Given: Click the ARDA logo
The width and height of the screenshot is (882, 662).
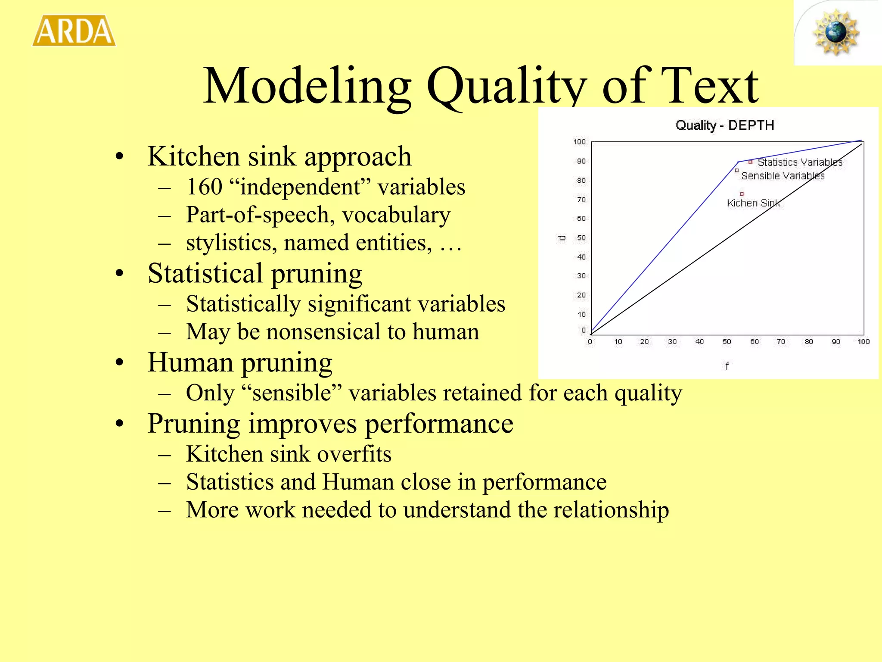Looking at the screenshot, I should point(74,31).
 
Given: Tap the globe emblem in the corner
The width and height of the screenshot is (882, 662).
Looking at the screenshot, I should point(836,33).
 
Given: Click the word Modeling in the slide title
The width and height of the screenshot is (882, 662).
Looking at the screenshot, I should point(307,86).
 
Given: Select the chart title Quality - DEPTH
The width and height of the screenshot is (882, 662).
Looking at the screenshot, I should point(725,125).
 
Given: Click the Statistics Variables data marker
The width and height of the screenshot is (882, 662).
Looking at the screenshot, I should point(750,162).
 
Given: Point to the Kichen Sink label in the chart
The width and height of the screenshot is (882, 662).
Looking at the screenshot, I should point(753,203).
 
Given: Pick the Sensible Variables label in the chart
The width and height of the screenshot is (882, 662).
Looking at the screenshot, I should point(783,176).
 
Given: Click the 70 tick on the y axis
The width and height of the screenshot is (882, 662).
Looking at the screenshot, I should point(581,200).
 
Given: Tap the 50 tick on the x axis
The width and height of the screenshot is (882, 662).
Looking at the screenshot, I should point(727,342).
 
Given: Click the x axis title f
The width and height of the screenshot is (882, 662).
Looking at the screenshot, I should point(727,366).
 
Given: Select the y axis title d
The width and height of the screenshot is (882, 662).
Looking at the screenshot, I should point(562,238).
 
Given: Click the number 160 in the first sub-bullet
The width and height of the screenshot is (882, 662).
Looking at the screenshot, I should point(204,187).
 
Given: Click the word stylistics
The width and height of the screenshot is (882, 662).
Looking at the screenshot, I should point(231,243).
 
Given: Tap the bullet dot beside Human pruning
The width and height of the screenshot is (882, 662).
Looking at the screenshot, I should point(120,362).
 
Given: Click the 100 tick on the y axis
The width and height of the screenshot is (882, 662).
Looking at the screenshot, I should point(580,142).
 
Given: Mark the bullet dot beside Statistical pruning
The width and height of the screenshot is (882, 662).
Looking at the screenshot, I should point(120,273).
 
